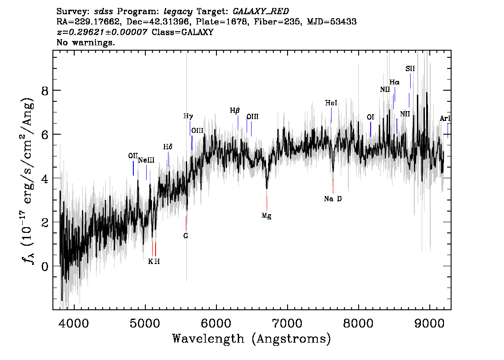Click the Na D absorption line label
coord(333,199)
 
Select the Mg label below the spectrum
coord(266,216)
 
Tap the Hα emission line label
coord(395,82)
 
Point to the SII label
coord(410,69)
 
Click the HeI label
coord(331,103)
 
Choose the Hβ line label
coord(235,110)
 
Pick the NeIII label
coord(146,160)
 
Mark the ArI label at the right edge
coord(445,119)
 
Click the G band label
coord(186,236)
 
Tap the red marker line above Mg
coord(267,203)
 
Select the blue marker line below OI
coord(370,129)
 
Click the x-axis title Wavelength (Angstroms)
coord(252,339)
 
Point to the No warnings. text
coord(86,43)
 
